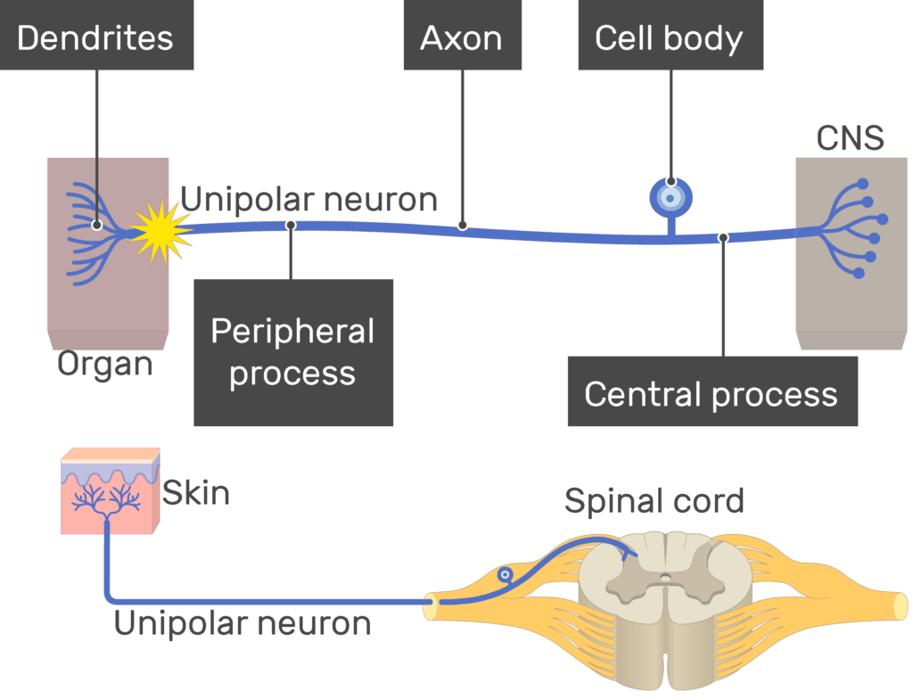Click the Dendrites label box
tap(95, 37)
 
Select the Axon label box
tap(461, 37)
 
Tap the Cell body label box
tap(670, 37)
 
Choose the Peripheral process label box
tap(293, 352)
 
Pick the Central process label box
tap(711, 393)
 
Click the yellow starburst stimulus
tap(160, 231)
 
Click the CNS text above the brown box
tap(850, 138)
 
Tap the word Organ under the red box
tap(105, 364)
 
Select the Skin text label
tap(196, 492)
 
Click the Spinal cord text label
tap(654, 501)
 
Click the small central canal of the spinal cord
tap(665, 578)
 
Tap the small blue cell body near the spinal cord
tap(506, 576)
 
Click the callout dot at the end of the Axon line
tap(462, 225)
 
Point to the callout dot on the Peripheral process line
tap(291, 225)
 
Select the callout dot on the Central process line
tap(723, 237)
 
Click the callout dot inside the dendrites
tap(96, 225)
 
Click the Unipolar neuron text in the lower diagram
tap(243, 623)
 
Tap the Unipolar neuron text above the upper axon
tap(309, 199)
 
